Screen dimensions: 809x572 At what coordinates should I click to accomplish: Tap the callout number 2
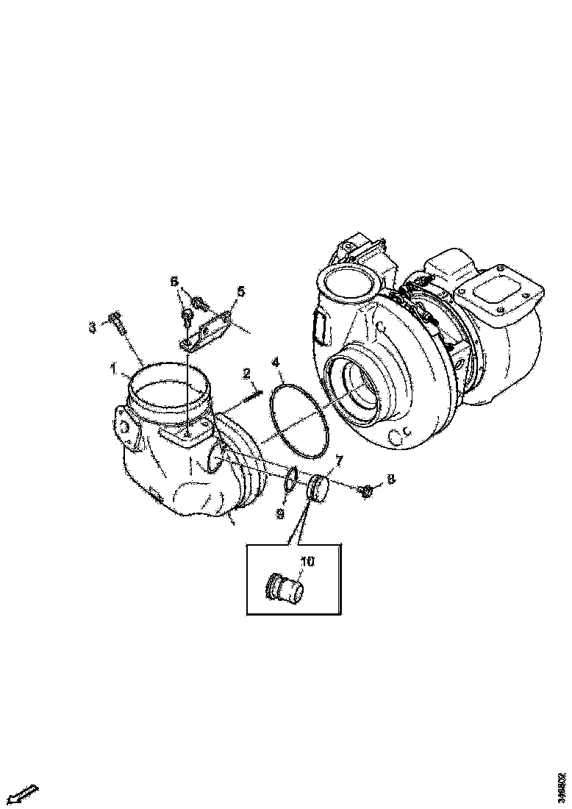pos(247,375)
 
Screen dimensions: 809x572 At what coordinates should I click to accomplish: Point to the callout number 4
pos(275,363)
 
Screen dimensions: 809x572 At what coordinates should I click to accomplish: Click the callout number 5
pos(240,291)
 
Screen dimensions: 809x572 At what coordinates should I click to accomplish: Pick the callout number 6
pos(174,282)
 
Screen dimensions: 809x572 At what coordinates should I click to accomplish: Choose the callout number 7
pos(339,461)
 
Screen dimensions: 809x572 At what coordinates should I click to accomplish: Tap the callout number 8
pos(391,479)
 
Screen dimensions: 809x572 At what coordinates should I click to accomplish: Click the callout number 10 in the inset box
pos(307,562)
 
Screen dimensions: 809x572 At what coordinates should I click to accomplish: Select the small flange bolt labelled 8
pos(365,489)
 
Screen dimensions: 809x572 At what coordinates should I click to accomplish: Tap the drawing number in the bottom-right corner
pos(562,788)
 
